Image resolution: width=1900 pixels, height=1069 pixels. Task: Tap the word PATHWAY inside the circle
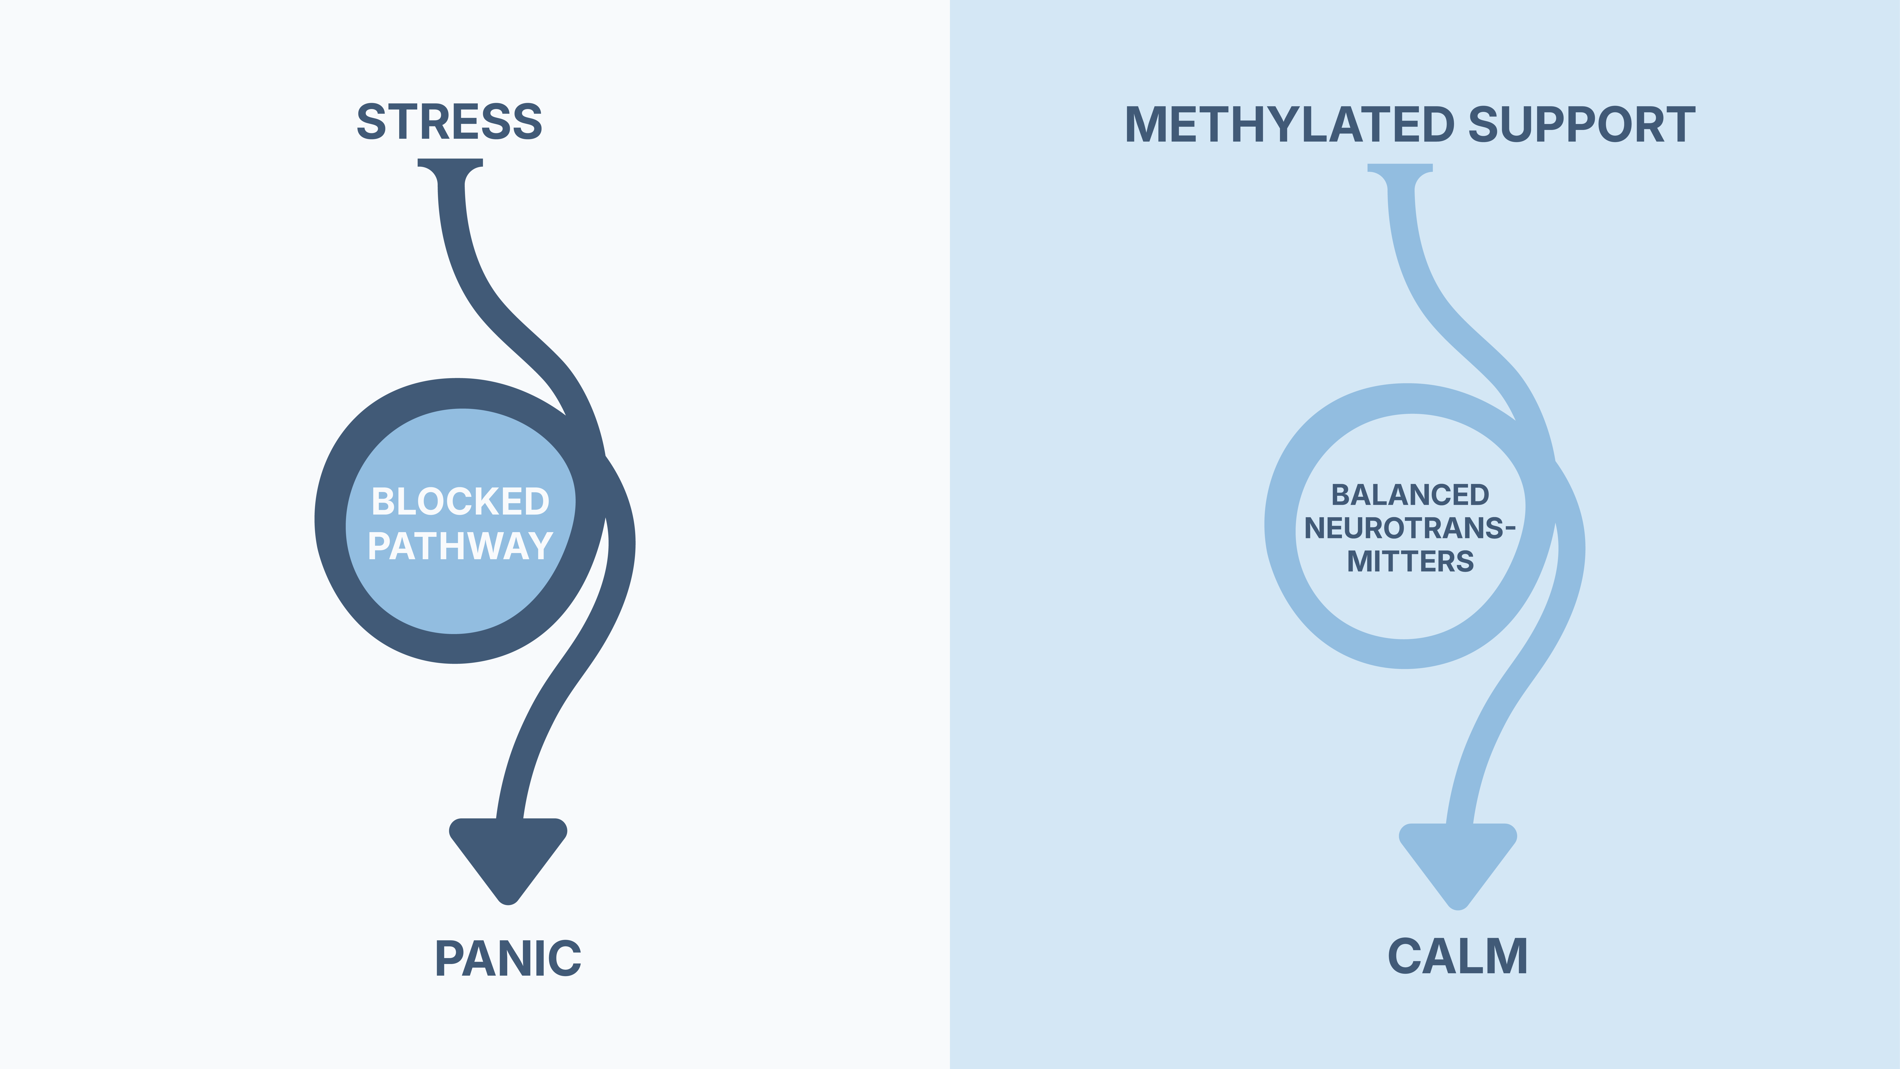pos(460,547)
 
